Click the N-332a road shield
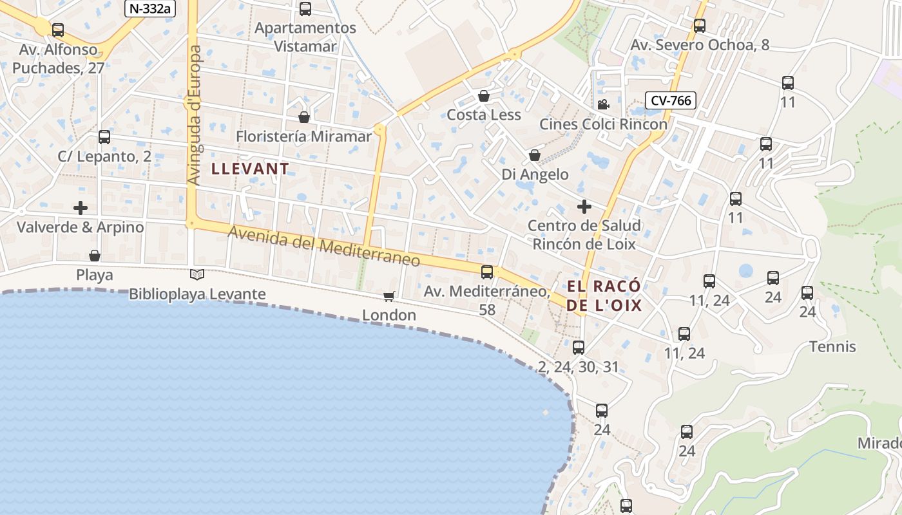(150, 8)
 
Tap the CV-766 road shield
(671, 100)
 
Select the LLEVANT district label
(251, 169)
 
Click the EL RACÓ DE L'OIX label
(604, 295)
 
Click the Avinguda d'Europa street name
(195, 116)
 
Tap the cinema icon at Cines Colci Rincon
(603, 105)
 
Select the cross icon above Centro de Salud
(584, 207)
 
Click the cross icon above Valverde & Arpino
(81, 208)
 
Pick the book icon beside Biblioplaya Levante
(197, 275)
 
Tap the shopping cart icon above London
(389, 296)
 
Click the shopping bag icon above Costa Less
(484, 96)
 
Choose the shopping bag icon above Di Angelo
(535, 155)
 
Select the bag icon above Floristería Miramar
(304, 117)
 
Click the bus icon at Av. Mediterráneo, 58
(487, 272)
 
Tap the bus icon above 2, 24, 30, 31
(579, 348)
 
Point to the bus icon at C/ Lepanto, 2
(104, 137)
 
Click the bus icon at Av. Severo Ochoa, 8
(700, 26)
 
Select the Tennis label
(832, 347)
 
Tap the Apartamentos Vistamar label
(305, 37)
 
